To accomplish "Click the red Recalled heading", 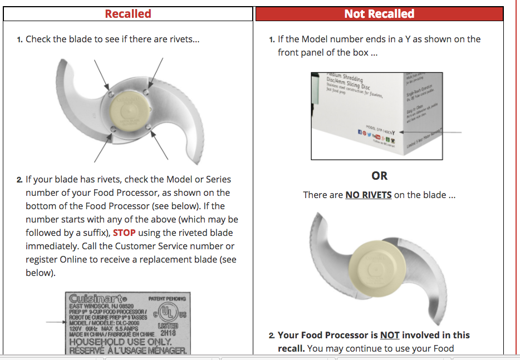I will [128, 14].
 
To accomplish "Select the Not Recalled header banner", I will [379, 14].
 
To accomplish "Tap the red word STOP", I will [124, 233].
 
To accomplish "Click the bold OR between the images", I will [379, 176].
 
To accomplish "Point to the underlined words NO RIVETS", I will [368, 195].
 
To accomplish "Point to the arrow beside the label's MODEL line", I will [54, 322].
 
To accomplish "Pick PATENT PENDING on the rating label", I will [167, 299].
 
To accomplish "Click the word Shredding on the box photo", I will [352, 78].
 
